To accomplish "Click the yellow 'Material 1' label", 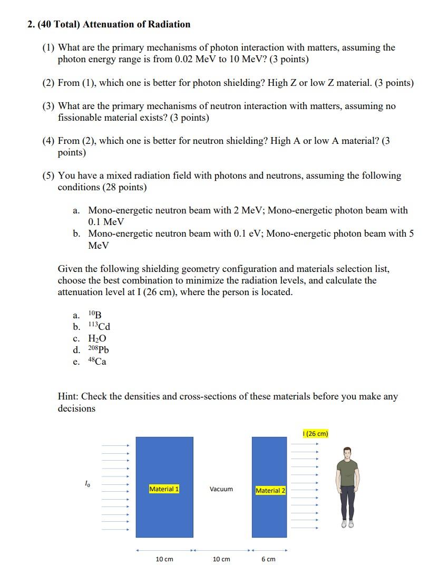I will (164, 489).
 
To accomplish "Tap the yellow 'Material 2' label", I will (270, 491).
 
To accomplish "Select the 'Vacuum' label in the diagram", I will (221, 489).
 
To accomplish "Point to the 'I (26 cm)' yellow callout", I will (316, 434).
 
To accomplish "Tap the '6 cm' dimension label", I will (268, 559).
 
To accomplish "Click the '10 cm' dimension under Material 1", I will (164, 559).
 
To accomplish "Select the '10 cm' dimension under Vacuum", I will (221, 559).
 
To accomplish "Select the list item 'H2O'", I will (98, 338).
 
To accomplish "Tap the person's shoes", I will (347, 524).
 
